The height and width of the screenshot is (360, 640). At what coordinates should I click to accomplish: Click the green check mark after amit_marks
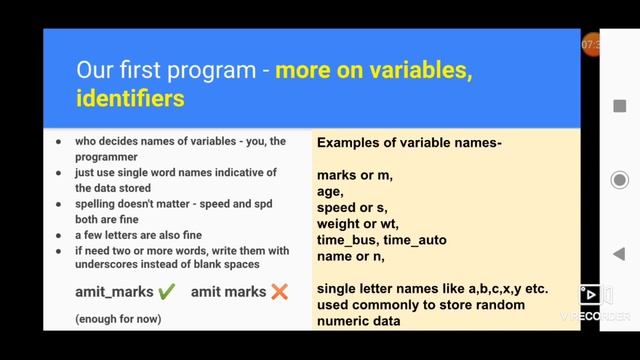(166, 292)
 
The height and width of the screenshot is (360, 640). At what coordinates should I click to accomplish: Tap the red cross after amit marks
(279, 292)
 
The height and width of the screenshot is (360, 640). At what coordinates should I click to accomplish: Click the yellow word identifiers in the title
(130, 98)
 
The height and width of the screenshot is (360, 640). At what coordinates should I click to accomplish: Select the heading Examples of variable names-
(409, 143)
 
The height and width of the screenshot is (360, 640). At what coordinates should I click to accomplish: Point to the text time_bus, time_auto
(382, 240)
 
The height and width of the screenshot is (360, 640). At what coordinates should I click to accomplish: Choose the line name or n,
(350, 256)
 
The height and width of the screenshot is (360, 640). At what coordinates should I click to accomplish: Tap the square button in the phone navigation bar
(619, 105)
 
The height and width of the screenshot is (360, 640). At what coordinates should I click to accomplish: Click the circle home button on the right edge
(619, 180)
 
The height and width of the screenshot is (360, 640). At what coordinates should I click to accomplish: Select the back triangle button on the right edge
(619, 254)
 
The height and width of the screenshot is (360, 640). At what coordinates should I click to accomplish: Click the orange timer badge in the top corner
(591, 45)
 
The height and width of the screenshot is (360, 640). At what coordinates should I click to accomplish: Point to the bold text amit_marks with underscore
(114, 292)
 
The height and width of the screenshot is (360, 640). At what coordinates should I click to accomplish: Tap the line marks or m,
(355, 176)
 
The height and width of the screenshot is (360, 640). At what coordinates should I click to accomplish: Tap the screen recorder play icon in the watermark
(590, 294)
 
